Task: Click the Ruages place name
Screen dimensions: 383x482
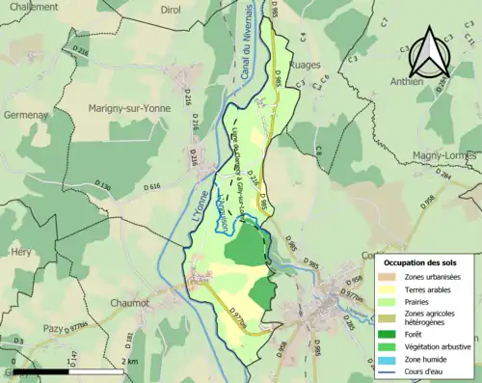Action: pos(307,68)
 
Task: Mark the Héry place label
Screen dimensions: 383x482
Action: pos(20,251)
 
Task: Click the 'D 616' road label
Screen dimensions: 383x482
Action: pos(151,186)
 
